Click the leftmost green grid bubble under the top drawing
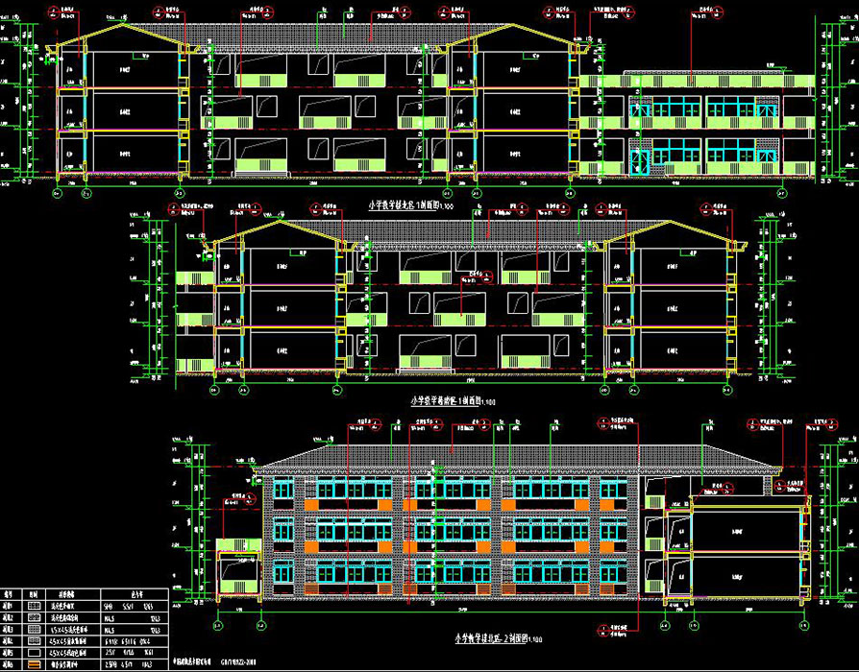56,193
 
